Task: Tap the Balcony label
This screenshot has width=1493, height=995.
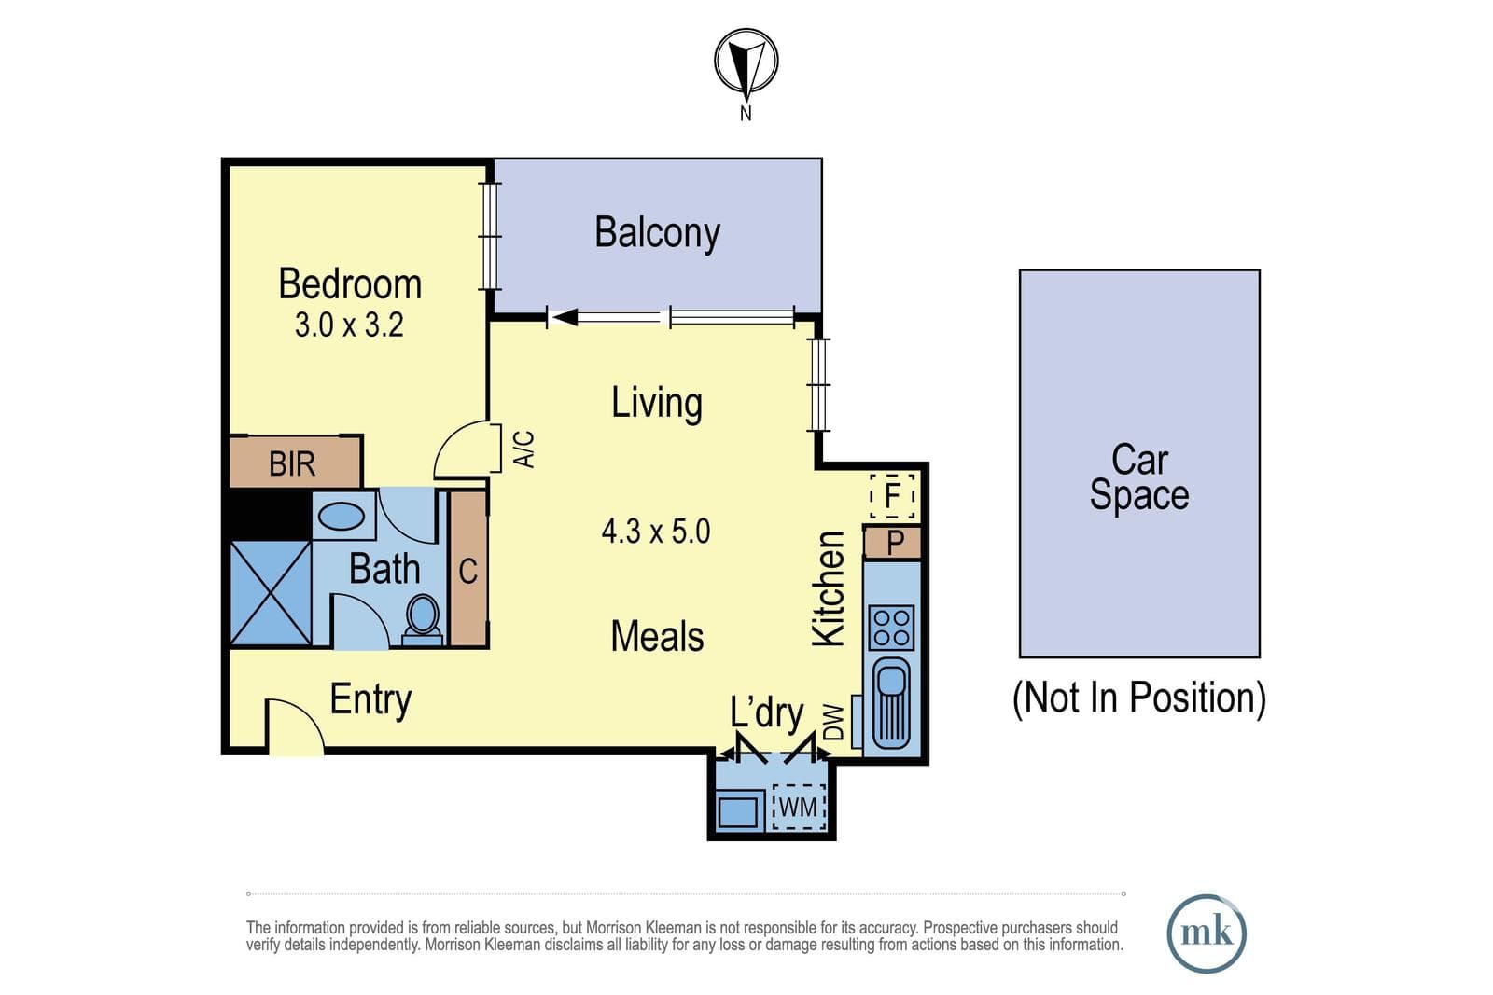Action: [x=657, y=232]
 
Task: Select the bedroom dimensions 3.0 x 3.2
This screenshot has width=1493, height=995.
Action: [x=349, y=325]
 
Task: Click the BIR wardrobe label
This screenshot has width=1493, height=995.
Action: [x=292, y=463]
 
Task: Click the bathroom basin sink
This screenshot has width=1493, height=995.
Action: [x=342, y=516]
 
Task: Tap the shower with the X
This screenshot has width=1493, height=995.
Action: [x=271, y=593]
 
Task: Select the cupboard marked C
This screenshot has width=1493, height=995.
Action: [x=467, y=570]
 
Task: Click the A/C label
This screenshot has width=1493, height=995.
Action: [x=524, y=449]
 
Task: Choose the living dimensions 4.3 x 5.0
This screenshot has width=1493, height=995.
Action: [x=656, y=532]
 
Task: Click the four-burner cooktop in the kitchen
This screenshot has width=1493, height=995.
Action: [x=892, y=628]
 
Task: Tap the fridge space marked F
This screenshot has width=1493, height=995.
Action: [x=892, y=495]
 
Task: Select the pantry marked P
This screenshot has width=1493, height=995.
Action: [x=893, y=543]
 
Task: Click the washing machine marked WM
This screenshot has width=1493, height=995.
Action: [x=799, y=808]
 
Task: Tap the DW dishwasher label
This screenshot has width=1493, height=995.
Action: [x=834, y=723]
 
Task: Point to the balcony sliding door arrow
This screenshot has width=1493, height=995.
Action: [x=606, y=318]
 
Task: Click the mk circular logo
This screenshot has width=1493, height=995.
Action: [x=1207, y=933]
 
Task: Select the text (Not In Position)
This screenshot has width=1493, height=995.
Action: [x=1139, y=698]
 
